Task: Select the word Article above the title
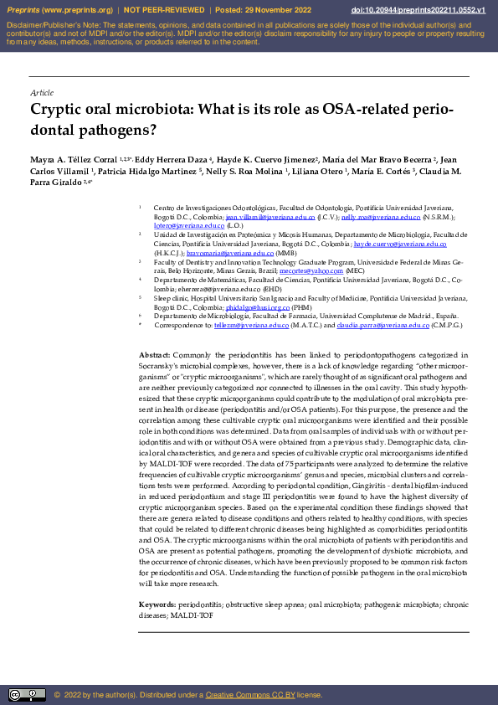[41, 92]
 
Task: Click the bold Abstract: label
[155, 356]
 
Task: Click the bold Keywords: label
[157, 605]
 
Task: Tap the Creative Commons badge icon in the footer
[27, 694]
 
